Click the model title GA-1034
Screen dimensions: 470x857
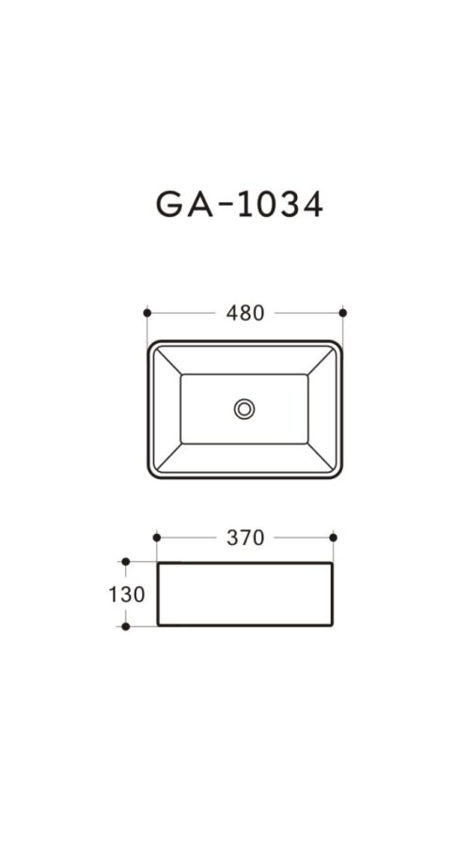click(x=240, y=205)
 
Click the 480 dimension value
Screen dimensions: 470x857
click(x=244, y=313)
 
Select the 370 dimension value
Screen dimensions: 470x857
click(x=245, y=538)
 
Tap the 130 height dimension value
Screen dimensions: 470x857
click(x=127, y=594)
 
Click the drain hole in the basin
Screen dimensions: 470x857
click(x=244, y=409)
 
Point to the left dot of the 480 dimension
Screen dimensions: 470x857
click(x=147, y=313)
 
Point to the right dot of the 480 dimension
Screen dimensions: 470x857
click(x=343, y=313)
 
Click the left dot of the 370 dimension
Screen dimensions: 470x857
click(x=157, y=538)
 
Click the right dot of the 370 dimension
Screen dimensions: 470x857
click(x=334, y=538)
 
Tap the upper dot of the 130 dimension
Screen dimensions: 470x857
click(x=126, y=561)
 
